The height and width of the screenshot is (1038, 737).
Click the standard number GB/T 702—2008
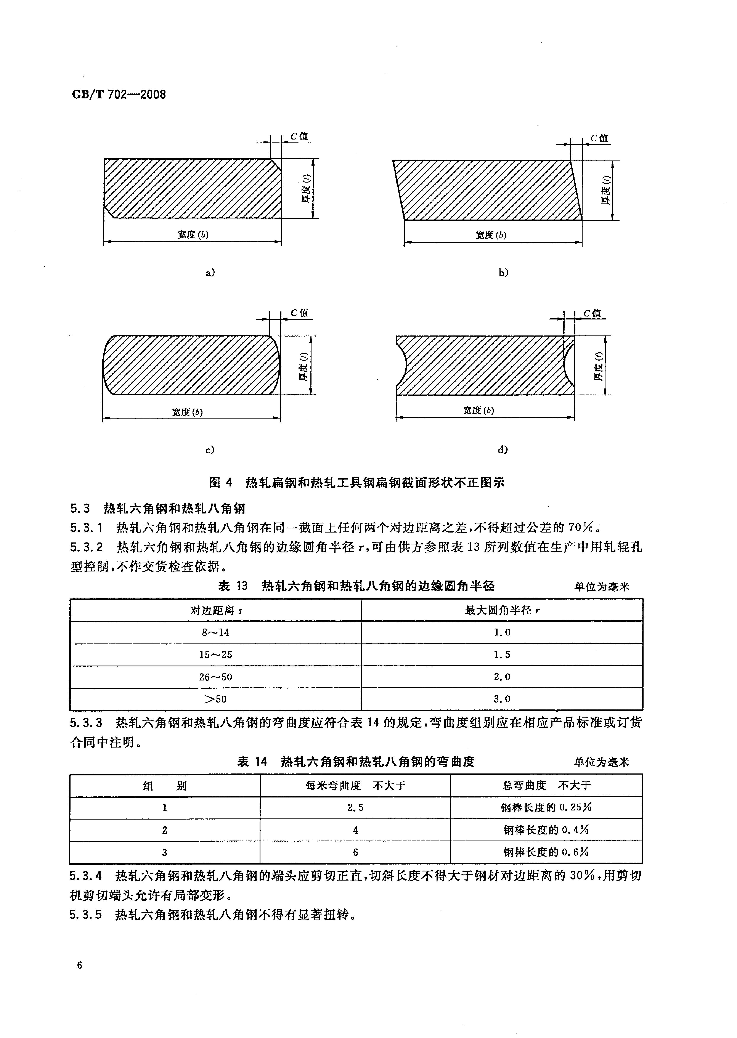[x=119, y=95]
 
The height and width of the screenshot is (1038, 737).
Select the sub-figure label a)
[x=210, y=273]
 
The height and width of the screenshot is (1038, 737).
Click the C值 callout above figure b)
[x=599, y=138]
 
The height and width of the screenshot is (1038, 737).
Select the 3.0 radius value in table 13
[x=502, y=699]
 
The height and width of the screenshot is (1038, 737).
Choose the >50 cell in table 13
[x=216, y=699]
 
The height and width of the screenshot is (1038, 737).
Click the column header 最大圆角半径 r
[x=502, y=610]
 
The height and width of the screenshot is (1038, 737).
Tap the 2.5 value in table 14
[x=355, y=807]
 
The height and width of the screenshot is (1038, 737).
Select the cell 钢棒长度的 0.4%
[x=546, y=830]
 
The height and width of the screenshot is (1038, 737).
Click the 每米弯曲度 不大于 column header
[x=355, y=785]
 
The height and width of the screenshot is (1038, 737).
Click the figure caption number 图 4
[x=221, y=482]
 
